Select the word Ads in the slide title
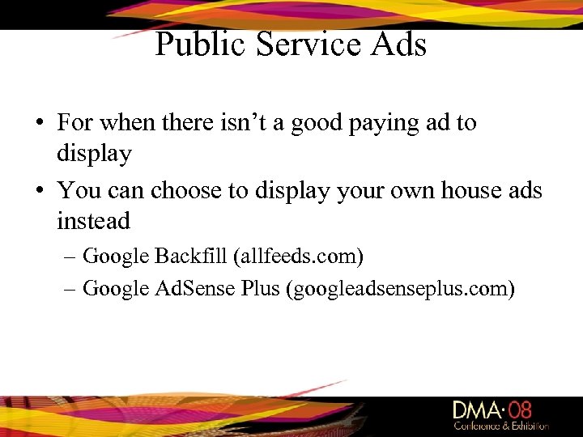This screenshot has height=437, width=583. tap(396, 44)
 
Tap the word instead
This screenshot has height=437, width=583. tap(93, 221)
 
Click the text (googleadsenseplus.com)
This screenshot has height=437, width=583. tap(400, 288)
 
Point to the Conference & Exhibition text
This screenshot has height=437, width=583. tap(500, 426)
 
